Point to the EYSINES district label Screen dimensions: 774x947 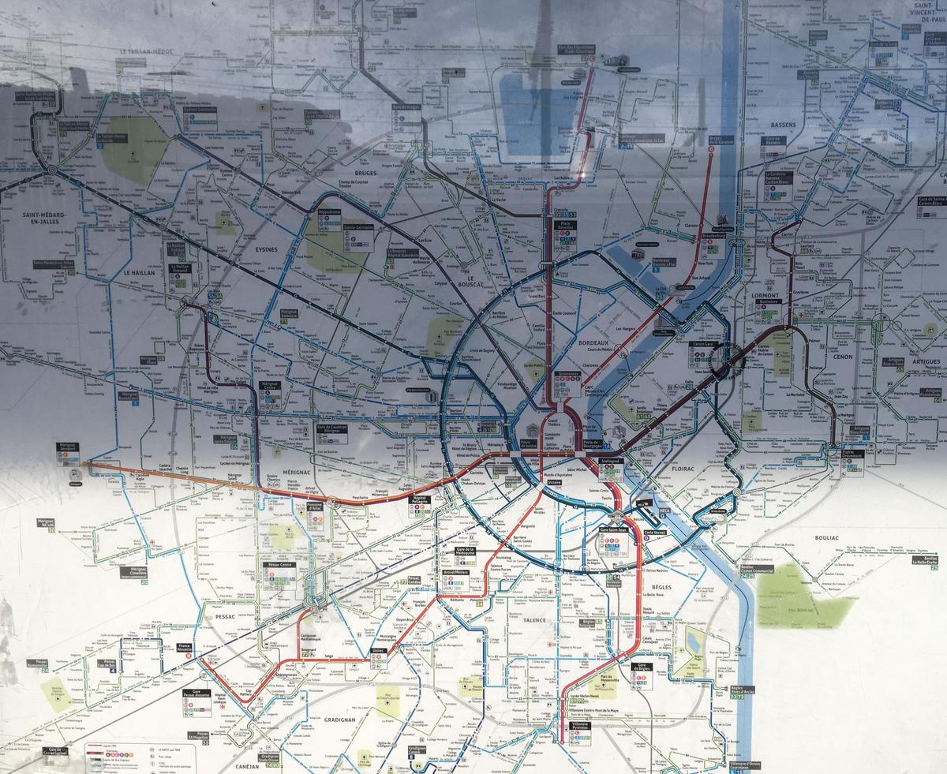[x=265, y=249]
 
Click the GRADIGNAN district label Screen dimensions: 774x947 [x=339, y=720]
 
